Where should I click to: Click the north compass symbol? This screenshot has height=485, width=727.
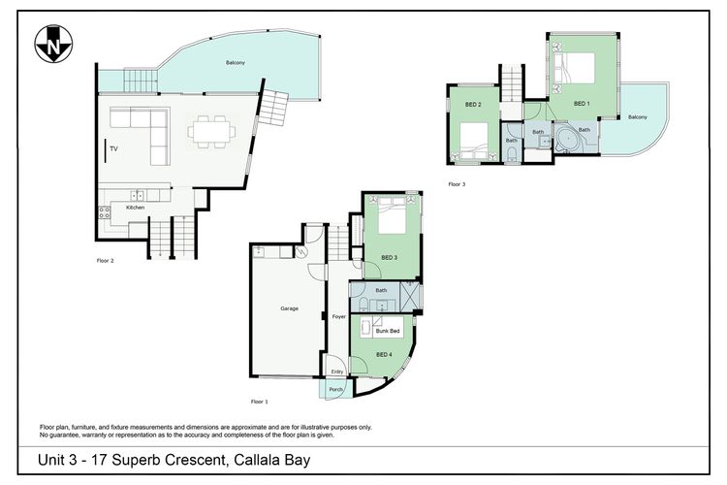(x=53, y=44)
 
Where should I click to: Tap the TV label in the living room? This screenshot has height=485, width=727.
(x=113, y=148)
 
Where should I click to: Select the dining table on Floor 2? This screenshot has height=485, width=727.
(x=211, y=132)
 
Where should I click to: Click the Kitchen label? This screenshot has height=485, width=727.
(x=136, y=208)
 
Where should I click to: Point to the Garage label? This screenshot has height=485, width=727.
(x=289, y=308)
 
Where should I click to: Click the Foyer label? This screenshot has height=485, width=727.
(x=339, y=316)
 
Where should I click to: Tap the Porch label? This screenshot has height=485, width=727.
(x=335, y=389)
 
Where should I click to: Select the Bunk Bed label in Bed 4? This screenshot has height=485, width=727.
(x=388, y=331)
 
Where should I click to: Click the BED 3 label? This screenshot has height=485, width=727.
(x=390, y=258)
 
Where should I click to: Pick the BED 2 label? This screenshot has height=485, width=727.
(x=473, y=105)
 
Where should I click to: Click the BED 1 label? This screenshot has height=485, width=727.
(x=582, y=104)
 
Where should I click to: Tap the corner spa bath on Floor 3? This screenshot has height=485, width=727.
(x=567, y=140)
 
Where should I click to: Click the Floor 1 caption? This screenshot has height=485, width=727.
(x=259, y=402)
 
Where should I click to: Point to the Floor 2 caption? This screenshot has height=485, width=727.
(x=106, y=261)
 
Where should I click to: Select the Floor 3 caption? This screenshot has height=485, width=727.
(x=457, y=184)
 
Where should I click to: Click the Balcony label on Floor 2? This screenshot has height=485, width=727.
(x=236, y=63)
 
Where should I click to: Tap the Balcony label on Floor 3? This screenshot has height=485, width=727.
(x=638, y=117)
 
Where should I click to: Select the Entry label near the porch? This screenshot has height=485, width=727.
(x=337, y=372)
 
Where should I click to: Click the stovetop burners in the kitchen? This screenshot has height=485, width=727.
(x=105, y=212)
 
